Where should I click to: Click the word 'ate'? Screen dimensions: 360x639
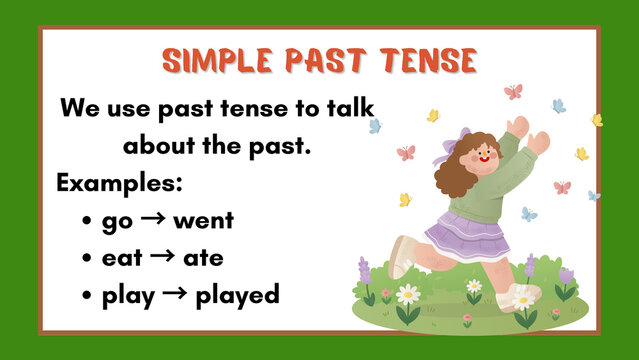click(x=203, y=258)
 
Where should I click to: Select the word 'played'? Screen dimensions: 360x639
click(x=237, y=295)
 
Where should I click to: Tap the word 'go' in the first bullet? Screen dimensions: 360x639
click(x=116, y=221)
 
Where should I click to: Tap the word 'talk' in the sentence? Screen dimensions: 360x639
click(x=347, y=108)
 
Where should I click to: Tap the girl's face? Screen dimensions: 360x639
click(x=482, y=157)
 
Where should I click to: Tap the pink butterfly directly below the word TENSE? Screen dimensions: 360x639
click(x=513, y=92)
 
